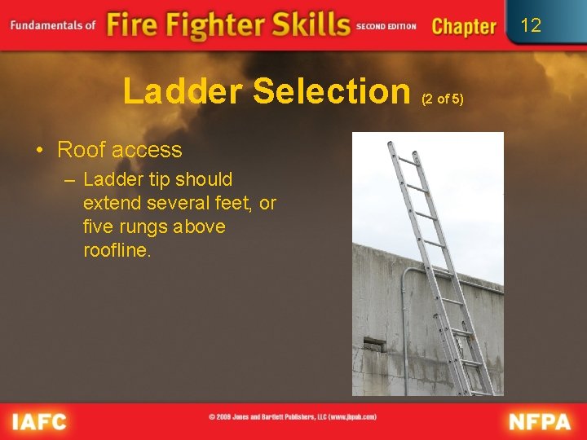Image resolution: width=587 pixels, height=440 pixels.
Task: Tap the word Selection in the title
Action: tap(331, 91)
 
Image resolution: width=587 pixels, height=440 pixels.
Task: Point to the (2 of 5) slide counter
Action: tap(442, 99)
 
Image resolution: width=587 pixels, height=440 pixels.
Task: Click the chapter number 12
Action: tap(531, 25)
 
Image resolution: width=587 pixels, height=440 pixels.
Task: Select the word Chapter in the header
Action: tap(464, 26)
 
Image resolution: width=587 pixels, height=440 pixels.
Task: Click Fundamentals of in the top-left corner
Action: tap(52, 24)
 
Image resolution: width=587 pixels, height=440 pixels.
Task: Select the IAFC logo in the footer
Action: tap(39, 421)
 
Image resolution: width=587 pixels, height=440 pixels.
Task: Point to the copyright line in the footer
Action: tap(293, 416)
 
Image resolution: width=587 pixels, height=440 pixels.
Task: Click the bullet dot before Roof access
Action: tap(40, 151)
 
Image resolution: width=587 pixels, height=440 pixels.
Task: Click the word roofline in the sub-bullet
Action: tap(117, 250)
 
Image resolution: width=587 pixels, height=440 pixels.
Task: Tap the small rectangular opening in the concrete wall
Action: tap(372, 343)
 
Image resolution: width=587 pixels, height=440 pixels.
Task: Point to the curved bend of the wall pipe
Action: tap(408, 271)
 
